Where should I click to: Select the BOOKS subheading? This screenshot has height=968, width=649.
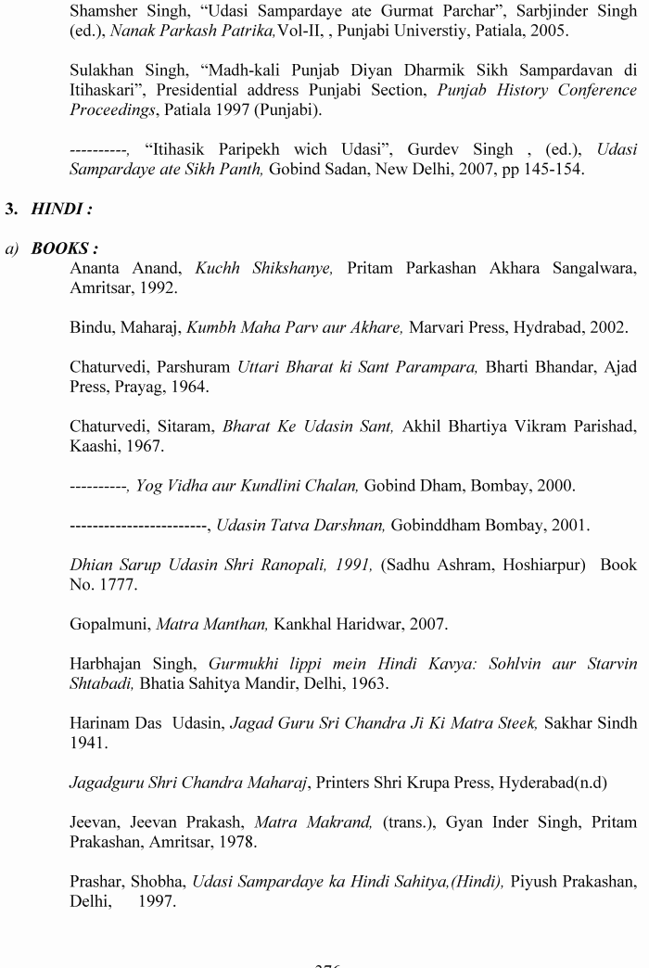(64, 249)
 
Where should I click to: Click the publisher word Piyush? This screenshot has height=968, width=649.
(539, 881)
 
